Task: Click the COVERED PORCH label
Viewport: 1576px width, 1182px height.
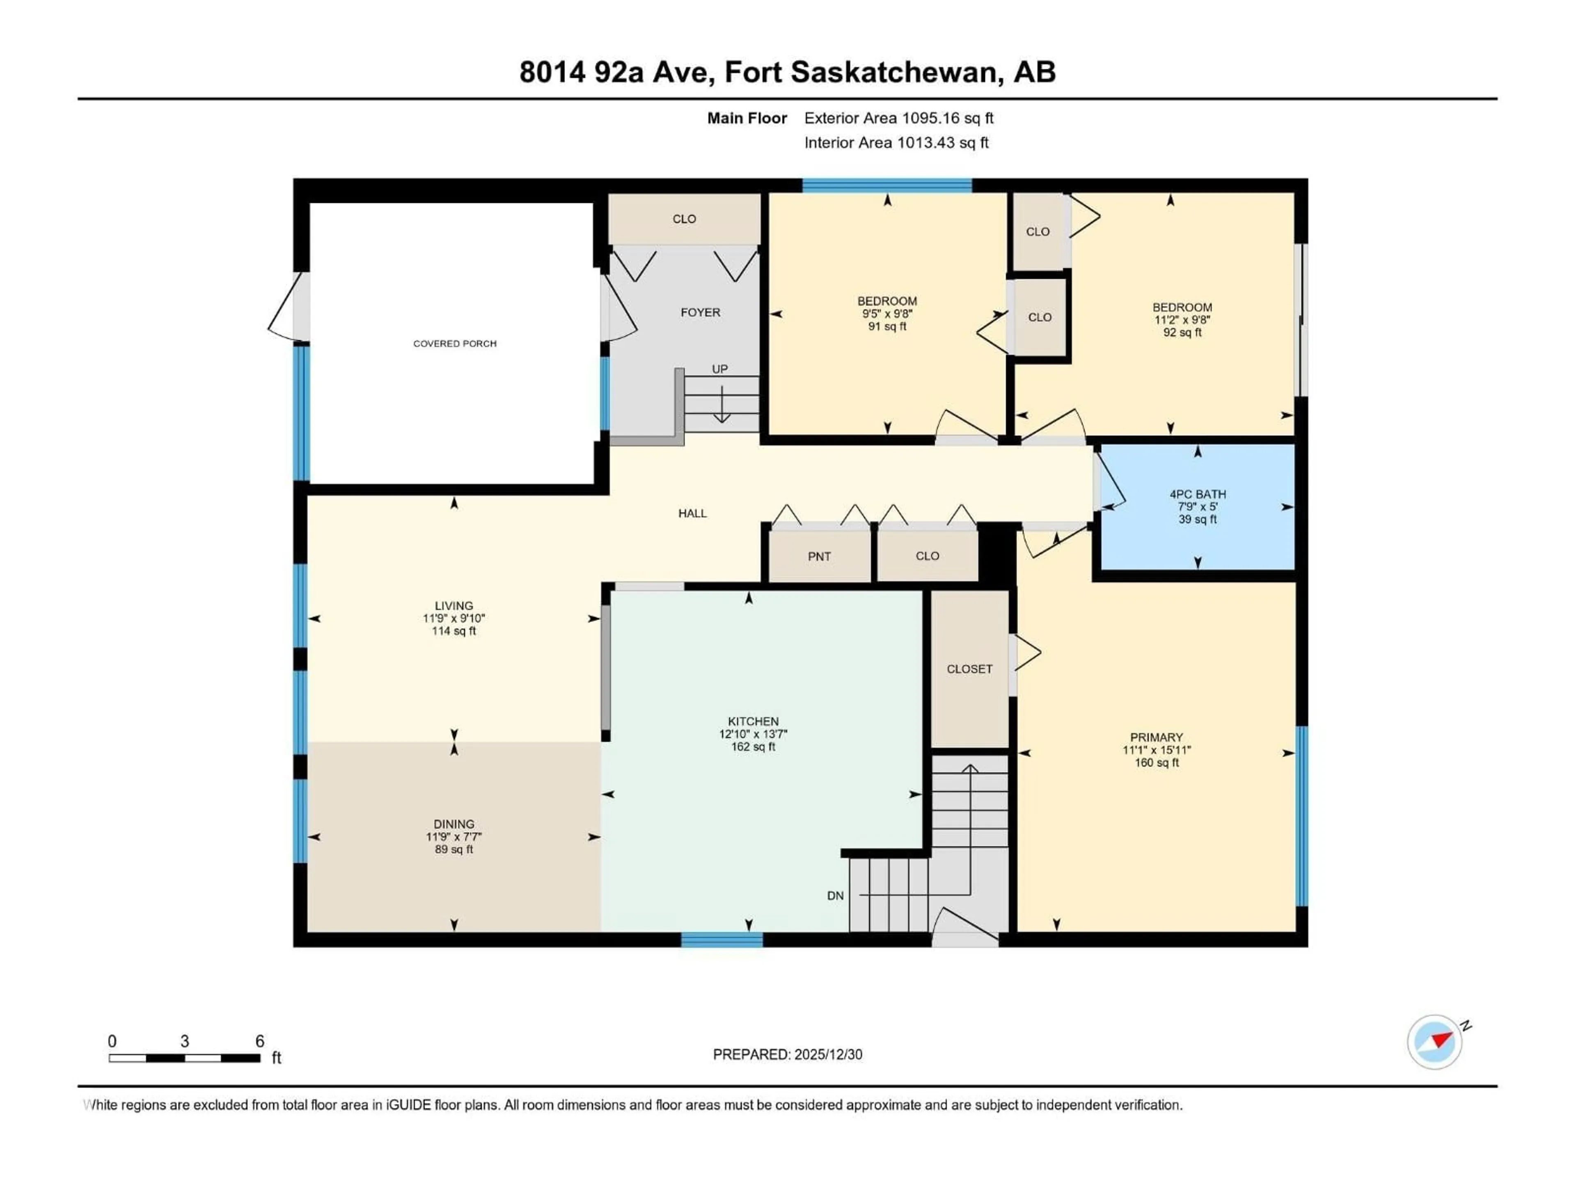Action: [x=455, y=344]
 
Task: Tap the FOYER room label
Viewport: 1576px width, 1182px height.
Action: [x=700, y=312]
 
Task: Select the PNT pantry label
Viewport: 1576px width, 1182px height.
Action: [x=819, y=557]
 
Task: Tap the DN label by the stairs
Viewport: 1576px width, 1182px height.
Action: [x=835, y=896]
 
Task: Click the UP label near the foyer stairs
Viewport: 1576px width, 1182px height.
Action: [x=719, y=369]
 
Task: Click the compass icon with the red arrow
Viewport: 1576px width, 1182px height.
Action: [x=1434, y=1042]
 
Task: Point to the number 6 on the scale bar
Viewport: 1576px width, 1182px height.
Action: [x=260, y=1041]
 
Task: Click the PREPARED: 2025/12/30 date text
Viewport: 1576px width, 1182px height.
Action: [x=787, y=1054]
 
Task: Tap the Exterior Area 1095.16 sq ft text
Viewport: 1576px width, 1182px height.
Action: [x=898, y=118]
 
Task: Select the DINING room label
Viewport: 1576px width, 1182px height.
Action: [x=454, y=824]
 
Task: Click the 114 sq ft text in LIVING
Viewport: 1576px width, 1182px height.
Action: [x=454, y=631]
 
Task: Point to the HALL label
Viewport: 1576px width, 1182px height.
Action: [x=692, y=513]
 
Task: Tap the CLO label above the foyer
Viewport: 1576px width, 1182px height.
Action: [x=684, y=219]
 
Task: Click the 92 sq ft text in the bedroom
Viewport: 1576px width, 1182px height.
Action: [x=1182, y=332]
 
